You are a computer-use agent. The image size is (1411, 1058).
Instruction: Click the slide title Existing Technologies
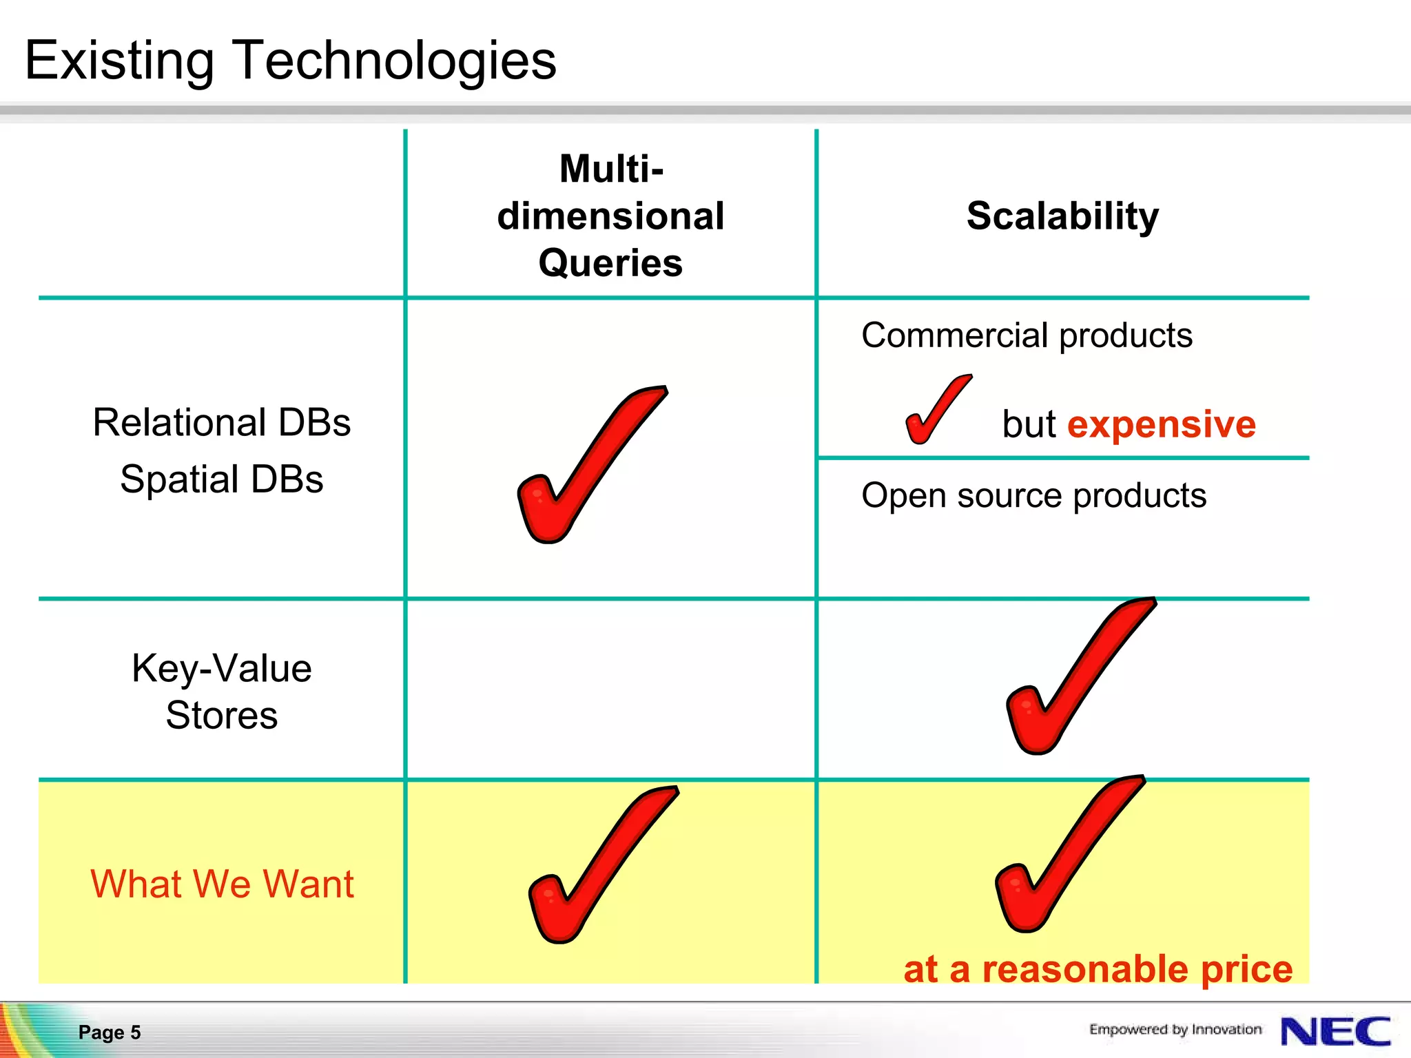pos(290,61)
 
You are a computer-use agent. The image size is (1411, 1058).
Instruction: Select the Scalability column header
pos(1062,216)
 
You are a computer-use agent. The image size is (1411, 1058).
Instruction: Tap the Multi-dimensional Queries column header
pos(610,216)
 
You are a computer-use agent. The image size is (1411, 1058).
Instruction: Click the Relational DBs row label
pos(221,422)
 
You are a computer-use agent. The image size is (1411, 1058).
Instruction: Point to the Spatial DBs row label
pos(221,479)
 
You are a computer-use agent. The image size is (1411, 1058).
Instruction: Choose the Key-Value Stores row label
pos(221,692)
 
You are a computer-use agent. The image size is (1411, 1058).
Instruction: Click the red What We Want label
pos(222,884)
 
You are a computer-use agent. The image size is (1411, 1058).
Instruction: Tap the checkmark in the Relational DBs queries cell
pos(586,468)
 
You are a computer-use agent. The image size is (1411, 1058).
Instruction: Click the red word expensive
pos(1162,424)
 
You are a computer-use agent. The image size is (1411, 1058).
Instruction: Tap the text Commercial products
pos(1027,335)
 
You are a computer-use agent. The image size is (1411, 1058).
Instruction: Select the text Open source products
pos(1033,495)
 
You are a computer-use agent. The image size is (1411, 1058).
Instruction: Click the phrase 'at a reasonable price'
pos(1098,968)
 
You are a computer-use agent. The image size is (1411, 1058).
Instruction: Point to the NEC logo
pos(1335,1031)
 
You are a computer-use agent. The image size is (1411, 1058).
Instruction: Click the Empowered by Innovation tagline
pos(1175,1029)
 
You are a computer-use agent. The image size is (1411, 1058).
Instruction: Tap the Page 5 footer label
pos(110,1032)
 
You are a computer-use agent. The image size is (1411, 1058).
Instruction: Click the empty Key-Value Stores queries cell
pos(610,689)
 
